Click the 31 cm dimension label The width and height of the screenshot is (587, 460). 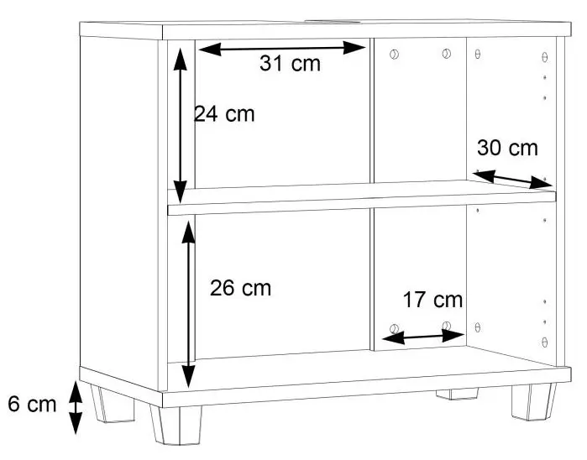point(290,63)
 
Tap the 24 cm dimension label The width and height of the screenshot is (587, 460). point(224,114)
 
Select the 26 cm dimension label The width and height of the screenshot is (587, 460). point(240,288)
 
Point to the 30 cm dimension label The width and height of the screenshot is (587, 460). point(507,148)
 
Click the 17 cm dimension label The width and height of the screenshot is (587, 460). point(432,301)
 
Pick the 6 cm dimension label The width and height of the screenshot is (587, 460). point(32,405)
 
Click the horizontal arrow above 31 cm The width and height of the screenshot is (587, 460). point(282,49)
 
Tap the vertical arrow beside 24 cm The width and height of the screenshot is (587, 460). point(181,126)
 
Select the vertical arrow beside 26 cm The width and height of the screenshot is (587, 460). point(189,305)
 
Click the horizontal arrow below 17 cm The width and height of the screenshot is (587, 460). point(423,337)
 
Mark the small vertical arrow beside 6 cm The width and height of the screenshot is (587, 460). point(76,408)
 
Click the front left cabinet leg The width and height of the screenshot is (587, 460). point(176,426)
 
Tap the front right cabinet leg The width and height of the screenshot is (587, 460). point(534,401)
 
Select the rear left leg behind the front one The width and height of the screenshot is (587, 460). point(113,404)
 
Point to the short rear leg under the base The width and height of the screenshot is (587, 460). point(457,395)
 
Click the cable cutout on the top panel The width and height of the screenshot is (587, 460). point(333,21)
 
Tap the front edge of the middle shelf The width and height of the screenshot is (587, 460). point(362,204)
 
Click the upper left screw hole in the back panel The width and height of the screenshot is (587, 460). point(394,55)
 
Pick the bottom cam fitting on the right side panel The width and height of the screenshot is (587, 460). point(545,342)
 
